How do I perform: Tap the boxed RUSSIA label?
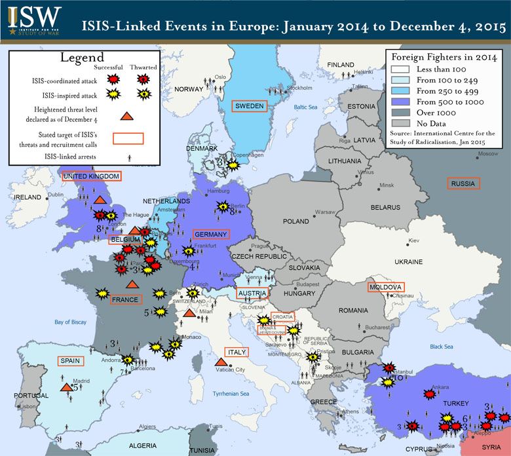[x=463, y=183]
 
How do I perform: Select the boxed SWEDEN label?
[x=250, y=106]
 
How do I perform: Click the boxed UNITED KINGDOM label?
[x=92, y=176]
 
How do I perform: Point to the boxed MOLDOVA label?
[x=386, y=287]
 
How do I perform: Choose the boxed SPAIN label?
[x=70, y=360]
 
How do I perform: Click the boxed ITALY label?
[x=237, y=352]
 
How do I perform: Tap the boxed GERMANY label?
[x=211, y=234]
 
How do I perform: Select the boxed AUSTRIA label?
[x=252, y=293]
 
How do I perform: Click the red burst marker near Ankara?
[x=429, y=394]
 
